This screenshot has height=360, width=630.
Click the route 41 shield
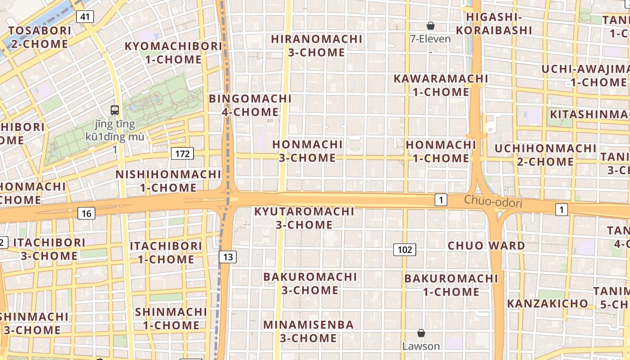click(x=85, y=17)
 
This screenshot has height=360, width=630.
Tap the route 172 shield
click(x=182, y=154)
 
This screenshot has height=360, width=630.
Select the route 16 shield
click(x=86, y=213)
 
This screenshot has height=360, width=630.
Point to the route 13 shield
click(x=228, y=257)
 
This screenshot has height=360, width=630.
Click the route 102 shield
click(x=405, y=249)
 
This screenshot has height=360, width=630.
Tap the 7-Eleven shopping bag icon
click(x=431, y=26)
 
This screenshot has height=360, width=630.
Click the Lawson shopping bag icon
click(x=421, y=333)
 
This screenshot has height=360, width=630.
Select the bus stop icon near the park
click(x=115, y=110)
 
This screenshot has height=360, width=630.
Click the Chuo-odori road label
click(x=493, y=202)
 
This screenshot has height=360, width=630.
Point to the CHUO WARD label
click(x=486, y=246)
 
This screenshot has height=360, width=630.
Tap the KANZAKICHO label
click(x=548, y=303)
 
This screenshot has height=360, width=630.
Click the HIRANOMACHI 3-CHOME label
click(x=317, y=45)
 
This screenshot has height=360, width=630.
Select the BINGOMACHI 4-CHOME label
click(x=251, y=105)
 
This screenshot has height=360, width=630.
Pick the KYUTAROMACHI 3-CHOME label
click(x=305, y=218)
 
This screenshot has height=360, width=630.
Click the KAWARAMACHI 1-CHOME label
click(x=441, y=85)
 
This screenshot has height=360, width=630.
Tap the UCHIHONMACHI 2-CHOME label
click(x=545, y=155)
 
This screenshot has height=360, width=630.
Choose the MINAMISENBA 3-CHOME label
click(x=309, y=331)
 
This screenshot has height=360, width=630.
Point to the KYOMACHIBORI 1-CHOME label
click(x=173, y=53)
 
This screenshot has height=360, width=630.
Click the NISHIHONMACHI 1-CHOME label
click(x=168, y=181)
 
